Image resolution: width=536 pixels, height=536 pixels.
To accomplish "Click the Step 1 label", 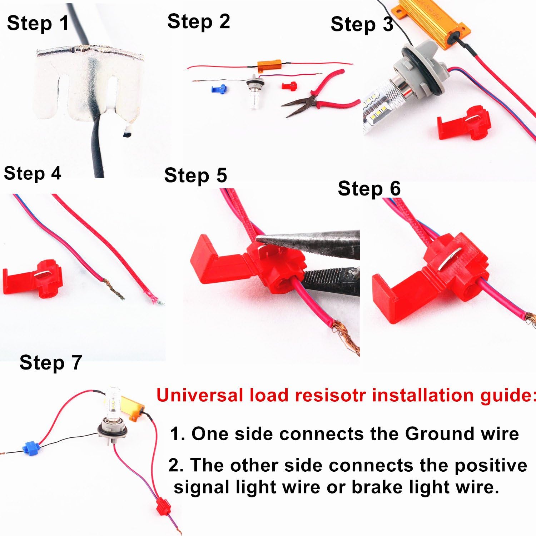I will (38, 24).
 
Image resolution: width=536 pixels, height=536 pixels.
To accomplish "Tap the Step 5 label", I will (195, 175).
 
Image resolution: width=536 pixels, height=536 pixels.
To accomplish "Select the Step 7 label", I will (51, 363).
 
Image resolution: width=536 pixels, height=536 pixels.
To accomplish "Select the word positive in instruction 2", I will (491, 465).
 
